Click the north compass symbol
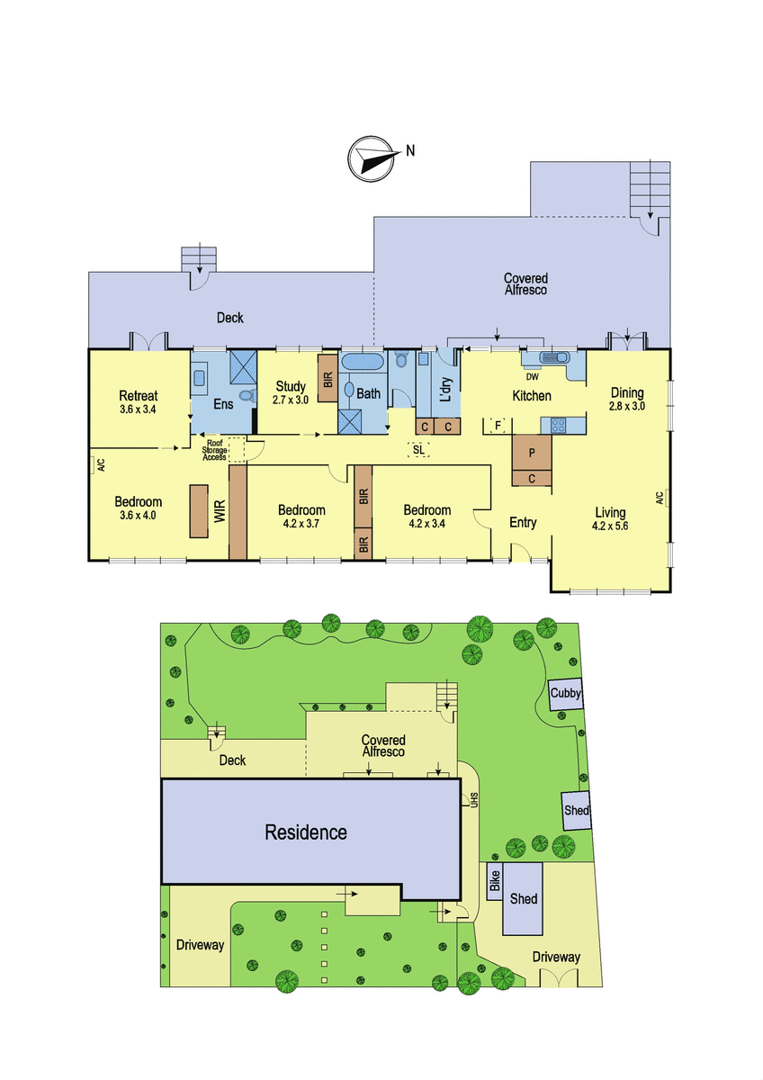click(x=372, y=158)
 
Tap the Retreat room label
click(x=139, y=396)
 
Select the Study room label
click(x=291, y=386)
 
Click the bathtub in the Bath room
click(x=362, y=361)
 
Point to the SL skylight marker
click(x=418, y=450)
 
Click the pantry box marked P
click(x=532, y=453)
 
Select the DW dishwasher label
click(x=532, y=377)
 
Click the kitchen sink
click(x=555, y=357)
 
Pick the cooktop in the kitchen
click(x=558, y=425)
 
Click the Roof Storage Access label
click(x=214, y=450)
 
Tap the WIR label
click(x=220, y=511)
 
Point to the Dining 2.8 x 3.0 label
click(x=627, y=399)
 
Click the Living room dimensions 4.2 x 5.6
click(x=610, y=526)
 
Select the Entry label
click(x=523, y=522)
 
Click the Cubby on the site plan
click(x=566, y=694)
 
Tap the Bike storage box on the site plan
click(x=495, y=881)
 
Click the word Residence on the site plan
click(x=306, y=832)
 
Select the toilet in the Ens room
click(x=247, y=396)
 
